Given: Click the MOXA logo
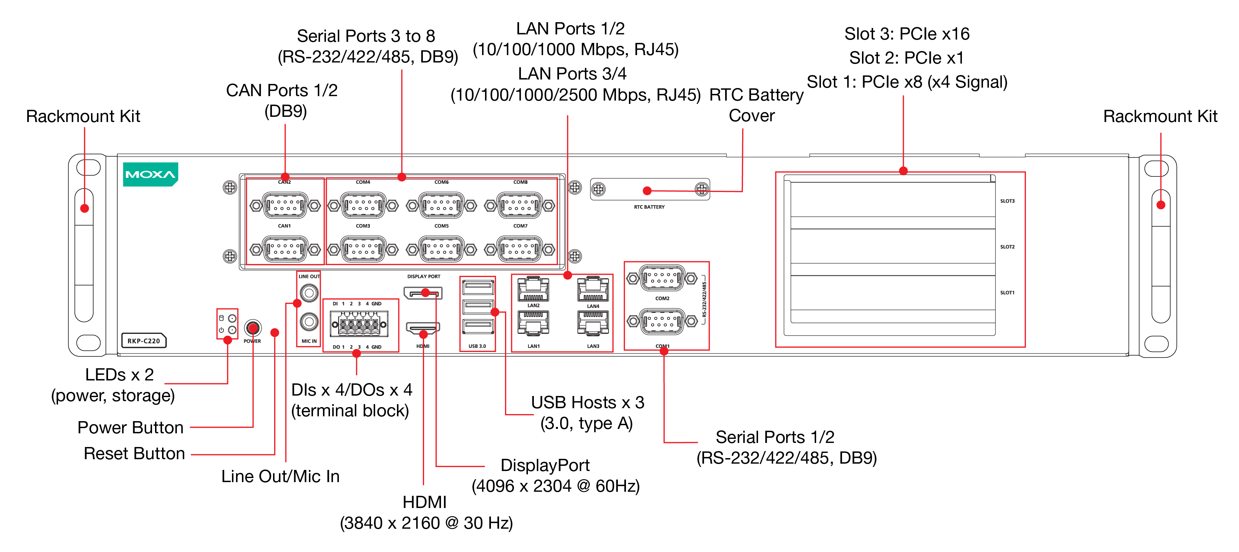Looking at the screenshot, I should coord(151,174).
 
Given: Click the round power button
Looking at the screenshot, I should coord(253,328).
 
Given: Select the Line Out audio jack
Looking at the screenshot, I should coord(309,292).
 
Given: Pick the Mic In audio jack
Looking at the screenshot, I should coord(309,321).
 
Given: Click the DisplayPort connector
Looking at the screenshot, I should coord(423,293).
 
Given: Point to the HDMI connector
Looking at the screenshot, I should coord(423,328).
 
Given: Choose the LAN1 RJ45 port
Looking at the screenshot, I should coord(533,324).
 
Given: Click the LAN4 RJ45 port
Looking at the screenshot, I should coord(593,289).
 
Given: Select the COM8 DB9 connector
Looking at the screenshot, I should coord(519,205).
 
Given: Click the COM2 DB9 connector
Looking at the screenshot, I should coord(662,278).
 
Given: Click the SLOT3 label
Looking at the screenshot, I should coord(1007,201).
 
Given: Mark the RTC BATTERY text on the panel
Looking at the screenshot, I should coord(649,207).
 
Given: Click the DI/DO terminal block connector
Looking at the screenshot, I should coord(359,324).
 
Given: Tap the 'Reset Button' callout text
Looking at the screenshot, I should coord(134,453).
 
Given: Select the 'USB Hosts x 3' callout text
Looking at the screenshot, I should coord(587,402).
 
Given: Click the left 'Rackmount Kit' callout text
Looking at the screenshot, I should coord(83,116).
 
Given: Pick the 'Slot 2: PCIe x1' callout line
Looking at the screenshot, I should coord(906,58).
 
